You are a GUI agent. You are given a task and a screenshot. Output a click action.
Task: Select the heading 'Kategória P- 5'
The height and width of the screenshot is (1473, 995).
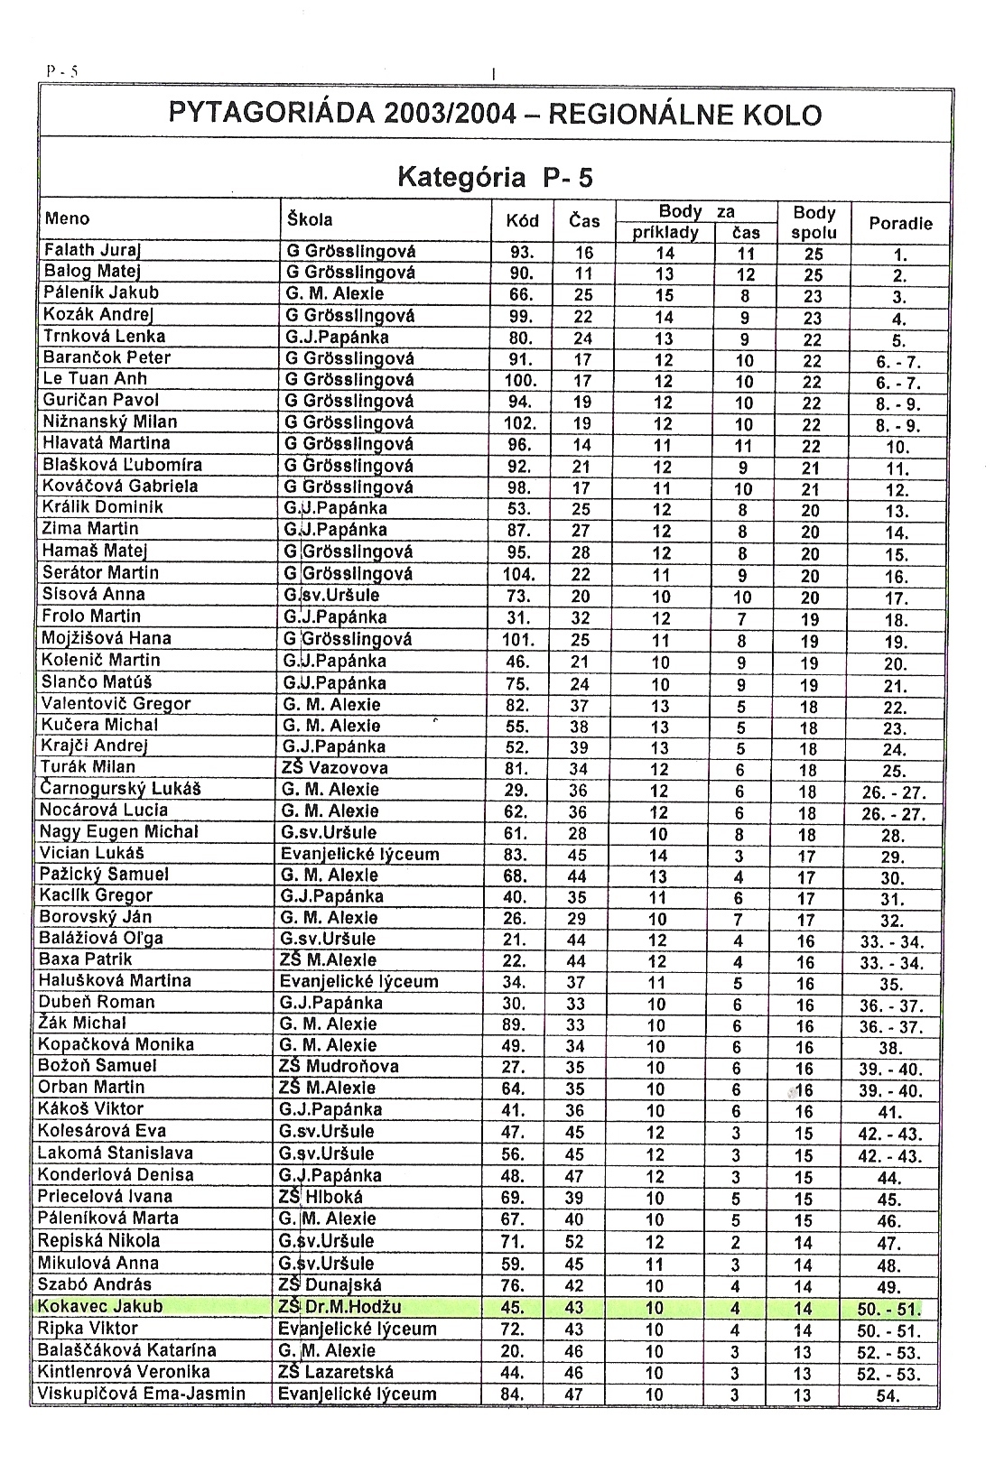pos(495,177)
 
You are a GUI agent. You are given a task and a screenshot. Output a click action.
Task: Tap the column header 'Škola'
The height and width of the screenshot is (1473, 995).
pos(310,219)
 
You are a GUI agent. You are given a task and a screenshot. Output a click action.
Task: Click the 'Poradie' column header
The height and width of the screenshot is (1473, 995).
pos(899,224)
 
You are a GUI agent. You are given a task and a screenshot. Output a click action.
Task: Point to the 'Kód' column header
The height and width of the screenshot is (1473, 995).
pos(522,221)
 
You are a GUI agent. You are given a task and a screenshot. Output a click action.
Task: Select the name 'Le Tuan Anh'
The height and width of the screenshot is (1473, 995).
pos(95,379)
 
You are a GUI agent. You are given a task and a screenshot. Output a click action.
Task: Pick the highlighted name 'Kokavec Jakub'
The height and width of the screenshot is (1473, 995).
pos(100,1306)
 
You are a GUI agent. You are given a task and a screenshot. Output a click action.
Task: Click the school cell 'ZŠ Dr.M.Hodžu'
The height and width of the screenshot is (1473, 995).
pos(340,1306)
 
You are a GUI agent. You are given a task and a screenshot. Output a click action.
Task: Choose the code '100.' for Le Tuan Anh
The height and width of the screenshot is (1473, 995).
pos(520,380)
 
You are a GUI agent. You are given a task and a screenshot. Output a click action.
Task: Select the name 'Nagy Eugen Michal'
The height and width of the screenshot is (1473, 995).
pos(119,832)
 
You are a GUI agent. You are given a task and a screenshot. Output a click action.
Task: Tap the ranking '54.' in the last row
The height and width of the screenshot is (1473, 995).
pos(888,1396)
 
